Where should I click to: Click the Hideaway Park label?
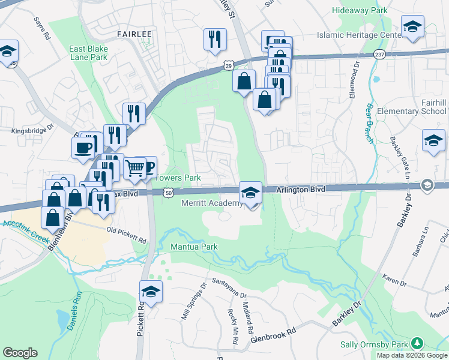pos(360,10)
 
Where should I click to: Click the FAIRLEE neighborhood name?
pos(134,35)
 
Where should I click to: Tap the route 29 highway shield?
pos(229,64)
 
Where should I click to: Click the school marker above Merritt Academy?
pos(250,192)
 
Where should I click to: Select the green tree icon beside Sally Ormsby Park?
pos(415,344)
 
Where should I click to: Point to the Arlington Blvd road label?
pos(301,189)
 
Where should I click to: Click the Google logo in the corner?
pos(20,353)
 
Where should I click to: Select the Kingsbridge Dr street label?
pos(32,128)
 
